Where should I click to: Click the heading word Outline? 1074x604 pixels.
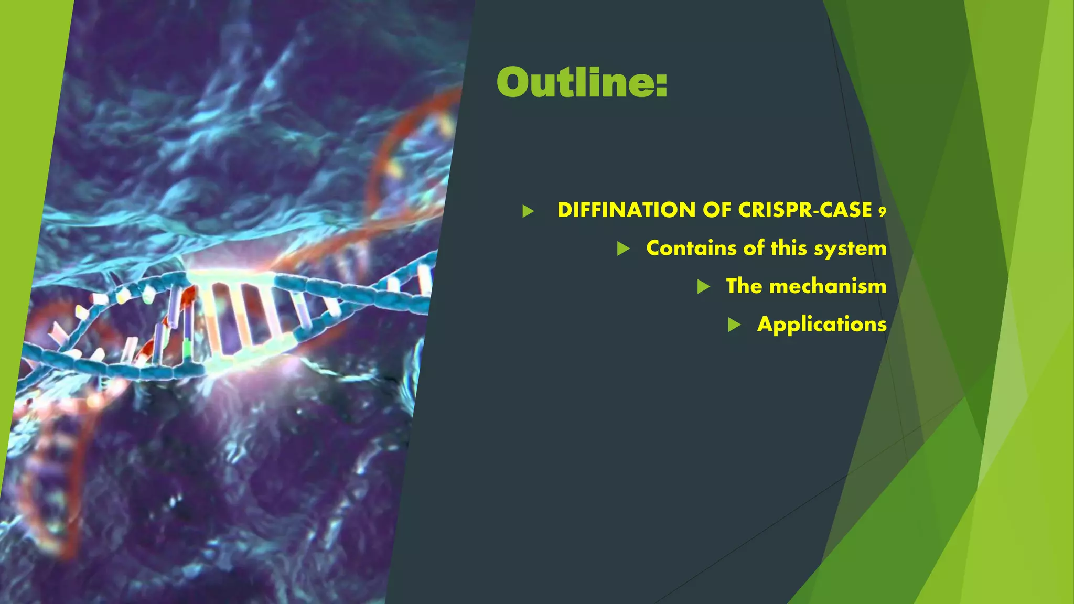pos(574,83)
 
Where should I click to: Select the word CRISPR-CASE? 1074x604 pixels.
pos(805,210)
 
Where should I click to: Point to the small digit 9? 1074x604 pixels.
pos(882,212)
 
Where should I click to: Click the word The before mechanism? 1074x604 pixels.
pos(744,286)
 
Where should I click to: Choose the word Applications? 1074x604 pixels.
pos(822,325)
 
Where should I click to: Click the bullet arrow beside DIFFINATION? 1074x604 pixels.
pos(528,211)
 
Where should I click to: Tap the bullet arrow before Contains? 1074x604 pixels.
pos(623,249)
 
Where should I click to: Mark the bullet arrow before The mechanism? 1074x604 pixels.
pos(703,287)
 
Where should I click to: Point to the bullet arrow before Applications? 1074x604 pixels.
pos(734,325)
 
